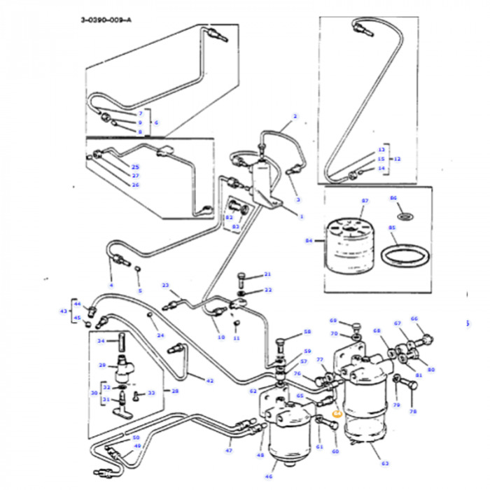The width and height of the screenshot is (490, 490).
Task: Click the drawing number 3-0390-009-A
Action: point(106,21)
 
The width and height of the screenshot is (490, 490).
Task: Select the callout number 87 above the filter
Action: point(364,201)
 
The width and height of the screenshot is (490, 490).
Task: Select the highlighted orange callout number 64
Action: point(337,413)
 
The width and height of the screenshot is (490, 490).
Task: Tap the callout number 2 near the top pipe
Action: point(295,116)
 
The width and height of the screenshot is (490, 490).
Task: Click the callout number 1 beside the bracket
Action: point(302,217)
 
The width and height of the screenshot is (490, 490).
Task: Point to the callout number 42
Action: point(210,380)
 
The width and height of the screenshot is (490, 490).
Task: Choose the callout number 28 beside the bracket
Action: point(176,391)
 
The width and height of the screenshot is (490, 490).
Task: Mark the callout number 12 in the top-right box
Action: point(398,159)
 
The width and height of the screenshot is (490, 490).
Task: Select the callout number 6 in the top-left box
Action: point(155,122)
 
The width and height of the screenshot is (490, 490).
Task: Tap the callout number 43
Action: point(64,311)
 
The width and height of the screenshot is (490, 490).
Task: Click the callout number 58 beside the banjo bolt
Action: point(307,332)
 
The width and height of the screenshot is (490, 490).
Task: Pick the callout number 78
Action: point(412,412)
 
